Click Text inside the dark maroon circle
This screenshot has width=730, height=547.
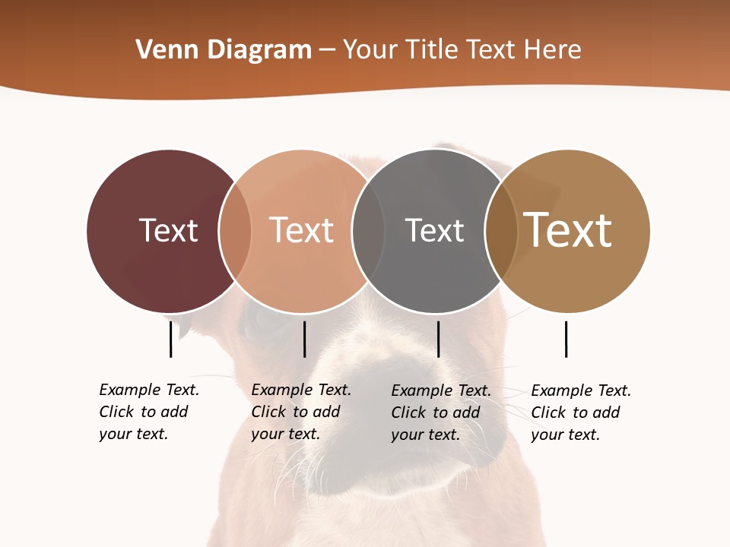(168, 230)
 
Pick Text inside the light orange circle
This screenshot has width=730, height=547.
(301, 230)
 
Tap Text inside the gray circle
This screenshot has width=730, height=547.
(434, 230)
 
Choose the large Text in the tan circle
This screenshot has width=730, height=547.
(567, 230)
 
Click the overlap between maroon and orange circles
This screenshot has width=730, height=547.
(235, 231)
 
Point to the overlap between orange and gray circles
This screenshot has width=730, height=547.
(368, 231)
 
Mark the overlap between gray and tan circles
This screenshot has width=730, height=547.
(501, 231)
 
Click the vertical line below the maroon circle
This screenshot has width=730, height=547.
(170, 339)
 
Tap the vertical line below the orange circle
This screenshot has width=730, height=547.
(304, 339)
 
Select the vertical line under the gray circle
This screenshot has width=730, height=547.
(438, 339)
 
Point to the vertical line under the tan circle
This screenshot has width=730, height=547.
(566, 339)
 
